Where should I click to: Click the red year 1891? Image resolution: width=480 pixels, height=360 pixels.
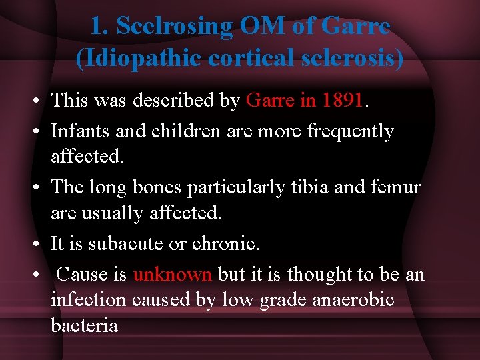[x=343, y=101]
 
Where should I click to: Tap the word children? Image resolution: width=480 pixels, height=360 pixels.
[x=178, y=131]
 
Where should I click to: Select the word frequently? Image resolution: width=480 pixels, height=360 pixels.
[x=351, y=131]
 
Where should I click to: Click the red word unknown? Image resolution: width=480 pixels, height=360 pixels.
[x=173, y=274]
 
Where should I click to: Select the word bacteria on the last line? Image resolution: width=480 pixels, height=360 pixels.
[x=85, y=325]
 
